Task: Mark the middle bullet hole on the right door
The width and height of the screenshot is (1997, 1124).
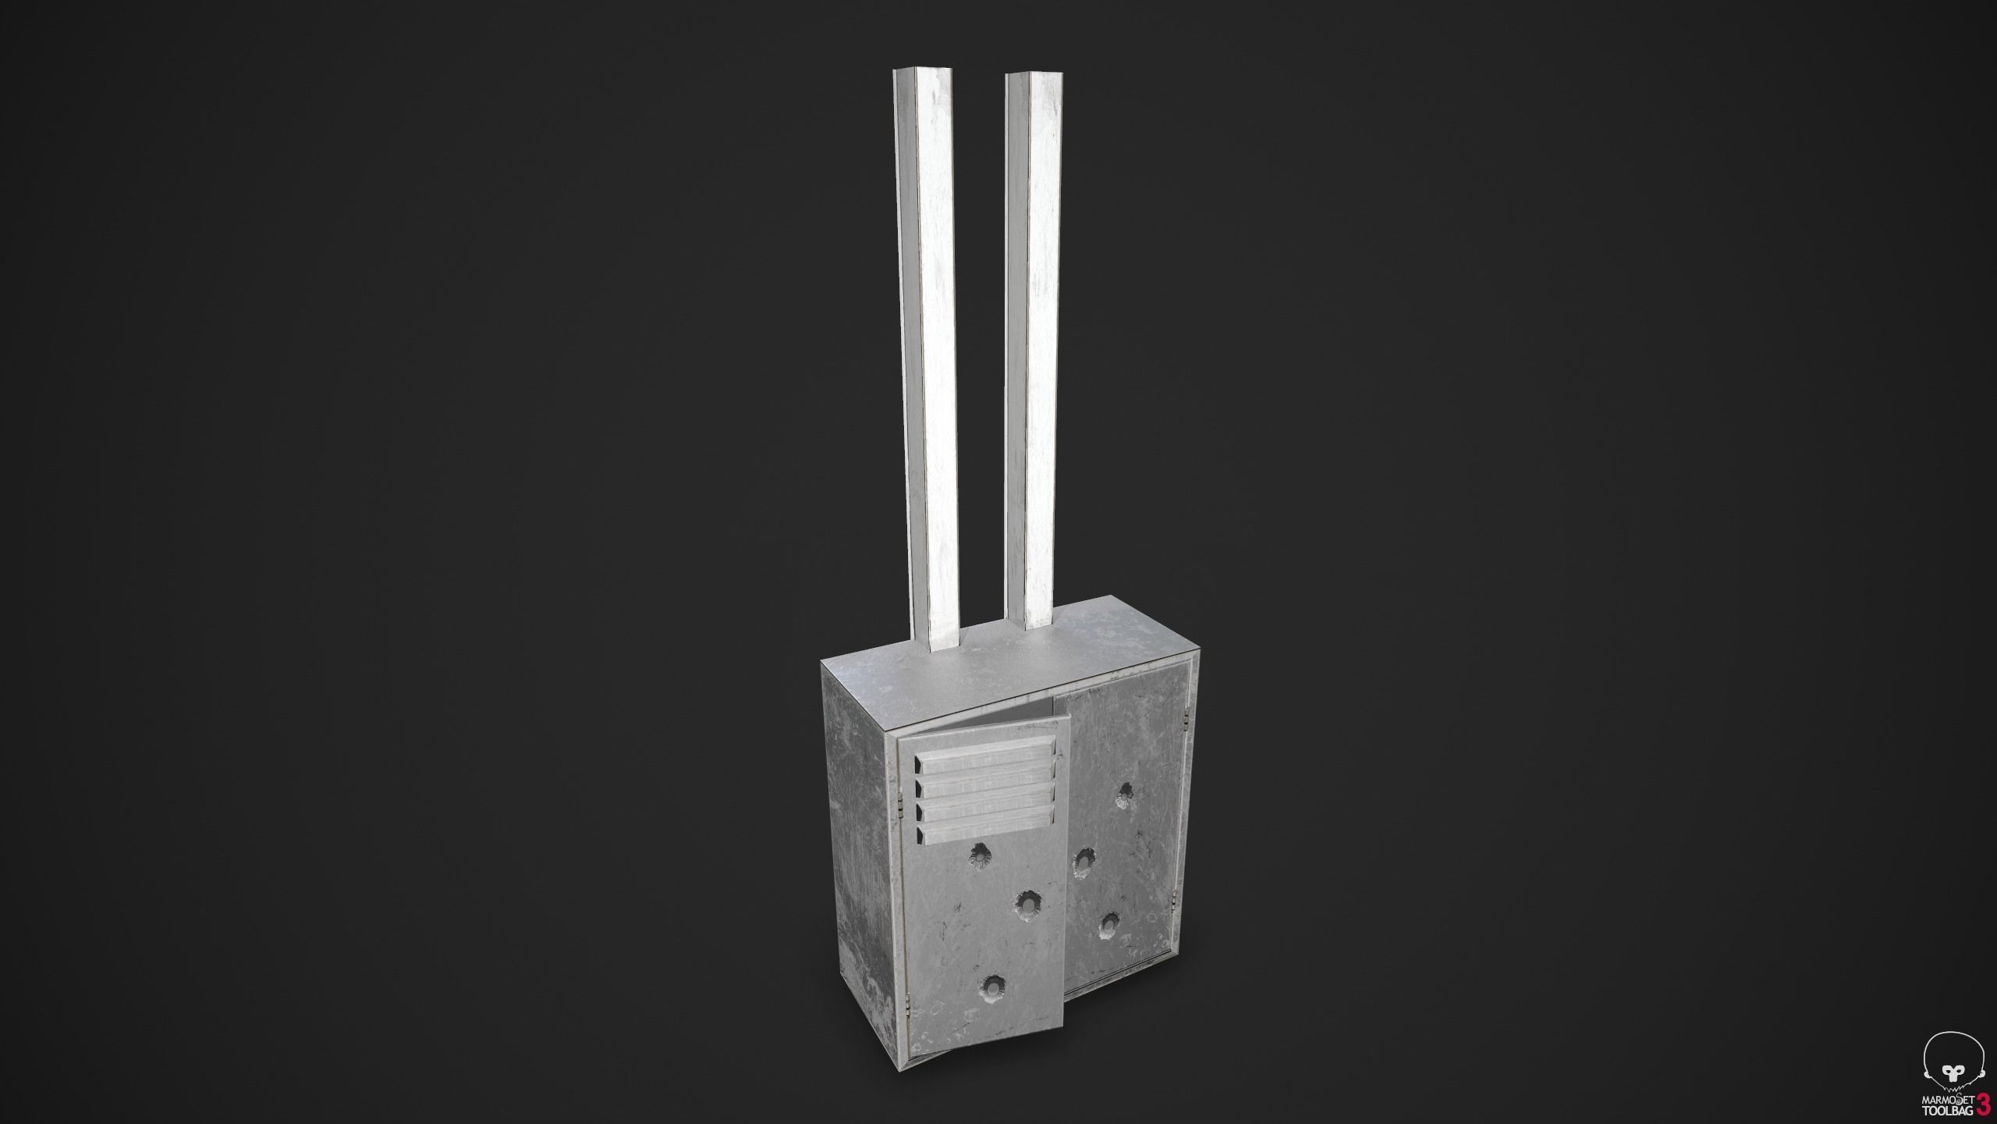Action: pos(1080,860)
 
